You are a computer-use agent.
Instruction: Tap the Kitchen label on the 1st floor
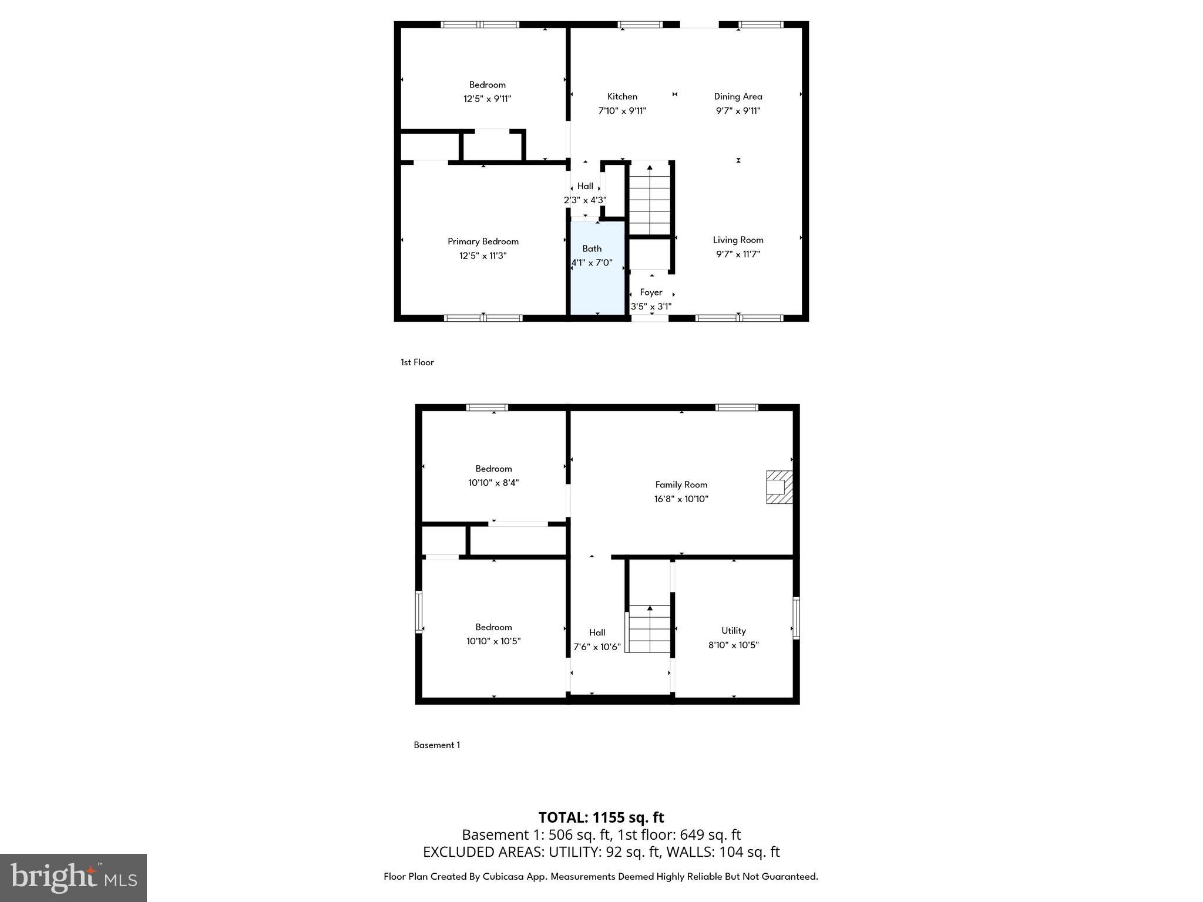622,96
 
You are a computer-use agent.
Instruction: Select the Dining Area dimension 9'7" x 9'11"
738,111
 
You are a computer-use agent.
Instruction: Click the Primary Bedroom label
483,241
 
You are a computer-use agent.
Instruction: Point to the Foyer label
651,292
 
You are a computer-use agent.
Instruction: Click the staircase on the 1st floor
650,200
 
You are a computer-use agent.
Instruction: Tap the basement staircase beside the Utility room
649,628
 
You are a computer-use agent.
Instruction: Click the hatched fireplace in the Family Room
779,487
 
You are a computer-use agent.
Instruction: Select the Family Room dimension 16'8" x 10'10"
681,499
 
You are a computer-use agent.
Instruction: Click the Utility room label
734,631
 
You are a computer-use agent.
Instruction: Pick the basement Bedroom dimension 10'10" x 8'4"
493,483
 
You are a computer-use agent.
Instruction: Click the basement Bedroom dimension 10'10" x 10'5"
493,641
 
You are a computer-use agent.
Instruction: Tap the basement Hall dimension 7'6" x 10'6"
597,647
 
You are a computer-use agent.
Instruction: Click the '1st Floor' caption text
417,362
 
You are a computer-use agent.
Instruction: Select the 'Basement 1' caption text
436,745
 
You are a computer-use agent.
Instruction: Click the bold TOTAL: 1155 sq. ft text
601,817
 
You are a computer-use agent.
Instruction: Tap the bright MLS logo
73,877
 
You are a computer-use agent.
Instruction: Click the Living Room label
738,240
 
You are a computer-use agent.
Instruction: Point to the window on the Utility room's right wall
796,618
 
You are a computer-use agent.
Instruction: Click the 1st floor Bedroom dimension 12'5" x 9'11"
487,99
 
